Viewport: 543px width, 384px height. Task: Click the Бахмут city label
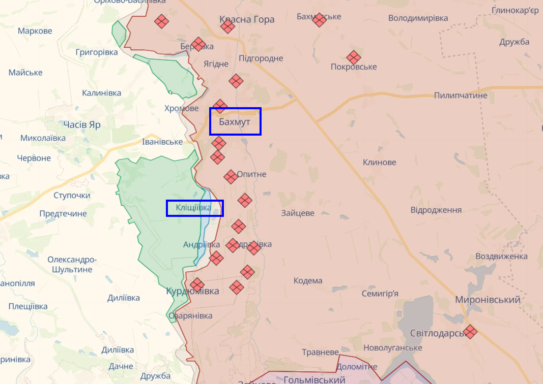tap(235, 122)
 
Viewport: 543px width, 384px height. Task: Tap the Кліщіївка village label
tap(193, 207)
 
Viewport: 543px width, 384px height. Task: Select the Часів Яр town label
tap(82, 124)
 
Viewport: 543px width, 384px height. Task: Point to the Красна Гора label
tap(247, 19)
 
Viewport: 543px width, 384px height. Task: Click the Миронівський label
tap(488, 300)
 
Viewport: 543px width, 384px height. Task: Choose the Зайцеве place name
tap(298, 213)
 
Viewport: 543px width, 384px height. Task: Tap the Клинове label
tap(379, 163)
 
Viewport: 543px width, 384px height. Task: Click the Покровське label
tap(354, 67)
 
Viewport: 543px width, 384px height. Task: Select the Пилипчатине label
tap(461, 95)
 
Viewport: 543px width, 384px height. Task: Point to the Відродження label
tap(436, 210)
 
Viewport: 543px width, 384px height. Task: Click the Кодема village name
tap(308, 281)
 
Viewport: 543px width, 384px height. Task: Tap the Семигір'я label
tap(380, 294)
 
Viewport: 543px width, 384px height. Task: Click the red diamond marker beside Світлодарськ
tap(470, 332)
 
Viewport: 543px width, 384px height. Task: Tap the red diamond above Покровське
tap(354, 57)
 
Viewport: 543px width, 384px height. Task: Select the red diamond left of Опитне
tap(231, 176)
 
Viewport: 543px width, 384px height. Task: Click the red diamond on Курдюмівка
tap(197, 284)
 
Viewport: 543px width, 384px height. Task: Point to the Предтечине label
tap(63, 214)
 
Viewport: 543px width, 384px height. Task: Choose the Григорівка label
tap(96, 52)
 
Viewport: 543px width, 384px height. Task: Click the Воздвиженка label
tap(501, 257)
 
